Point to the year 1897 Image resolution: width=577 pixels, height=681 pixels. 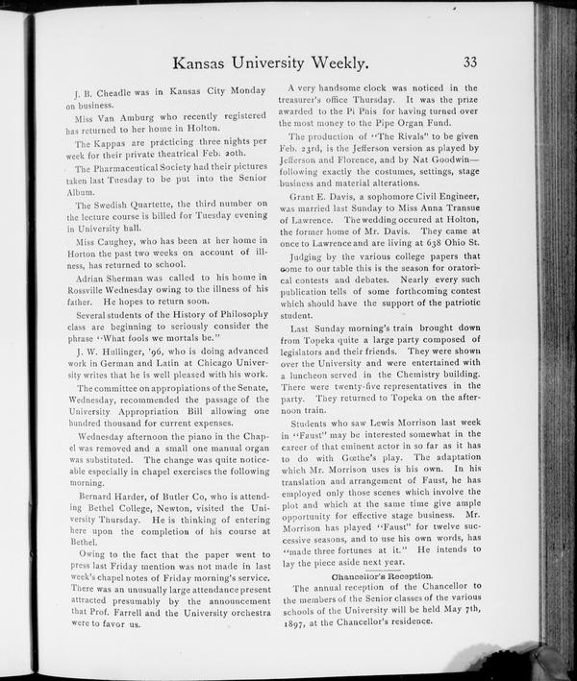click(293, 621)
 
